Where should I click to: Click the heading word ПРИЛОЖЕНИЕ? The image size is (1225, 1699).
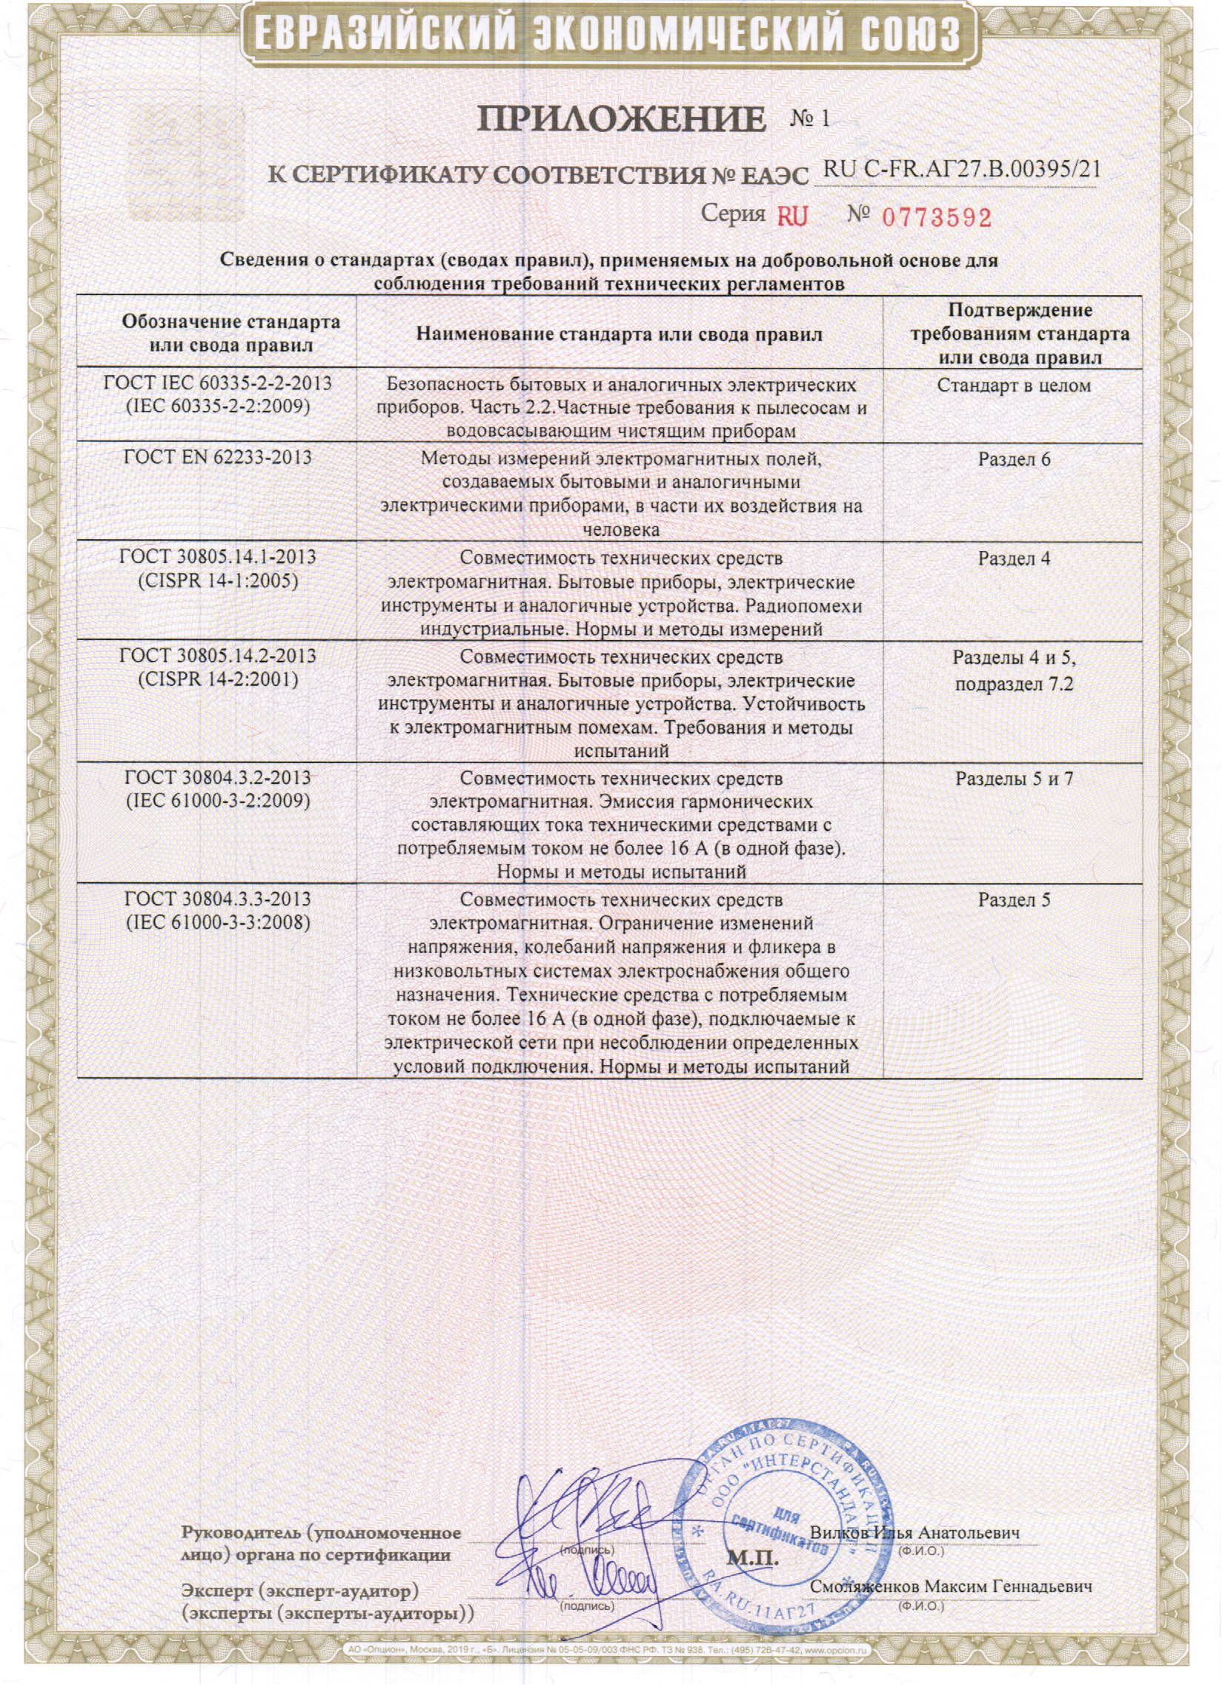click(x=622, y=120)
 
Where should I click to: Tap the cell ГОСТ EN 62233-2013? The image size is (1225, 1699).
click(x=217, y=458)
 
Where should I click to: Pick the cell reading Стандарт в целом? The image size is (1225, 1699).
click(x=1013, y=386)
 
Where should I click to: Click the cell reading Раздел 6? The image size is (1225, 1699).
click(x=1013, y=459)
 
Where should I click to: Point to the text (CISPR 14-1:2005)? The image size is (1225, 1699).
click(x=218, y=581)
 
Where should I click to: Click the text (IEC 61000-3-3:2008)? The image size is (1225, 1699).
click(x=218, y=922)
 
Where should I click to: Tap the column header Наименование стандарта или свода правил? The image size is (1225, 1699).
click(x=620, y=334)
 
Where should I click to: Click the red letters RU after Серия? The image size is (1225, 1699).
click(x=792, y=217)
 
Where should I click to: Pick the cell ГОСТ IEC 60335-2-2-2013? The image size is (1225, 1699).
click(x=218, y=383)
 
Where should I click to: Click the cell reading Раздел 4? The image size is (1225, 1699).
click(x=1013, y=558)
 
